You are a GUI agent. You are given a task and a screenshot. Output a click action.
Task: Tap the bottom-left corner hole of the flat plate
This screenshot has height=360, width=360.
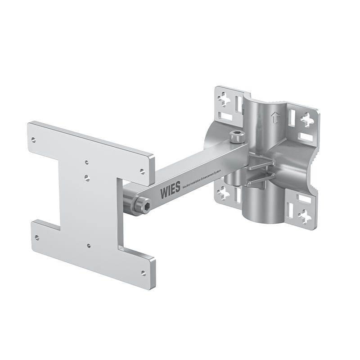(x=37, y=237)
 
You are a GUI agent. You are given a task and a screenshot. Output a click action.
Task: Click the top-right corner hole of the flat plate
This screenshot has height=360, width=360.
(x=142, y=171)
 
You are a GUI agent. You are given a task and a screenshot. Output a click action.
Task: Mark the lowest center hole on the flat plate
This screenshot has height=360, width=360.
(x=88, y=246)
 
